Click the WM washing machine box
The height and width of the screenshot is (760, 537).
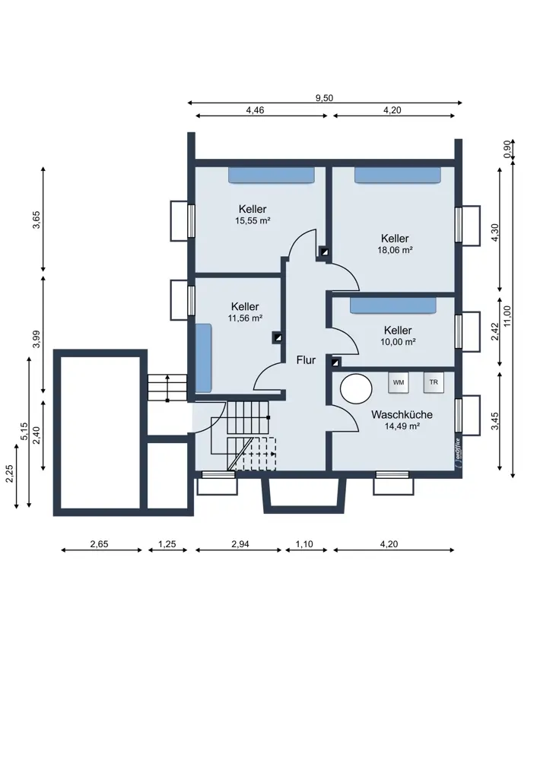[x=399, y=382]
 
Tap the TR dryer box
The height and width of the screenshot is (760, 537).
[x=434, y=382]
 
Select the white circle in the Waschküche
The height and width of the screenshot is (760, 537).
[x=356, y=388]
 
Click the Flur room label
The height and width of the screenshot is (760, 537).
[x=306, y=360]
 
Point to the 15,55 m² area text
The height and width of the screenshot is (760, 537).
[x=253, y=220]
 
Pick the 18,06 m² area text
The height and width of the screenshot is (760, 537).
[x=395, y=250]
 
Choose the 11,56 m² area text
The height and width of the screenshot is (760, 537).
[x=245, y=318]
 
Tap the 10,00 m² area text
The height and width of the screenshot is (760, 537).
[x=398, y=342]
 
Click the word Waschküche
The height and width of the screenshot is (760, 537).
[x=402, y=415]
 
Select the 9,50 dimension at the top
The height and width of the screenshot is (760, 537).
[x=325, y=98]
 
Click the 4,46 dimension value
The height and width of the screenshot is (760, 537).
[x=255, y=110]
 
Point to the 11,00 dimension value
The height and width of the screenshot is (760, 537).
[x=507, y=316]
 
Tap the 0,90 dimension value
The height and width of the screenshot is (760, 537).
[x=507, y=149]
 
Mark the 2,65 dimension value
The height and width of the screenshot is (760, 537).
[x=99, y=544]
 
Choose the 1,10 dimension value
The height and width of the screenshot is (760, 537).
[x=305, y=544]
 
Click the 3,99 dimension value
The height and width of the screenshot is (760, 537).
[x=36, y=339]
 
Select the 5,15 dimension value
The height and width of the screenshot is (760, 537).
[x=24, y=432]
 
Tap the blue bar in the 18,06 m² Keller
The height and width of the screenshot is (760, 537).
[x=397, y=176]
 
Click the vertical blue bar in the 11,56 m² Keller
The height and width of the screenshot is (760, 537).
[x=204, y=358]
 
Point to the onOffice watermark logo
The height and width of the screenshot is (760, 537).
[x=457, y=453]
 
